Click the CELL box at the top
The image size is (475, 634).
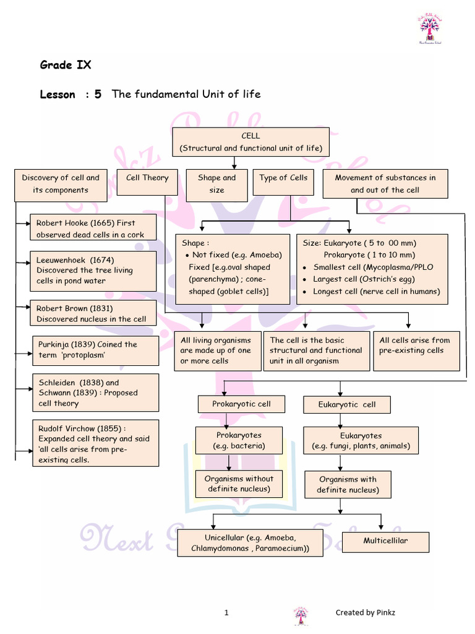[x=250, y=142]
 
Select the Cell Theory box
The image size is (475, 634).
[x=147, y=183]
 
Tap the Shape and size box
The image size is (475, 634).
[x=216, y=184]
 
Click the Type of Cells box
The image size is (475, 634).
[x=283, y=183]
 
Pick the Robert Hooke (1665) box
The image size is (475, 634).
[x=93, y=228]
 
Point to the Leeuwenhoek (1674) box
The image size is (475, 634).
[x=93, y=271]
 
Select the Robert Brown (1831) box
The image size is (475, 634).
[x=93, y=313]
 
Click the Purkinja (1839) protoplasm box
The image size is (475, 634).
[x=96, y=350]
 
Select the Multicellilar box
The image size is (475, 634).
[x=385, y=541]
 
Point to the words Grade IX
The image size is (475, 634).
[x=66, y=64]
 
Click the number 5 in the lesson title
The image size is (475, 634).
[x=98, y=94]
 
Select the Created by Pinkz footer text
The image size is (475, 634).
[x=365, y=613]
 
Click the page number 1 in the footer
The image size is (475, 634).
[x=226, y=613]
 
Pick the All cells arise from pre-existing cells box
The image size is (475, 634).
[x=416, y=350]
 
